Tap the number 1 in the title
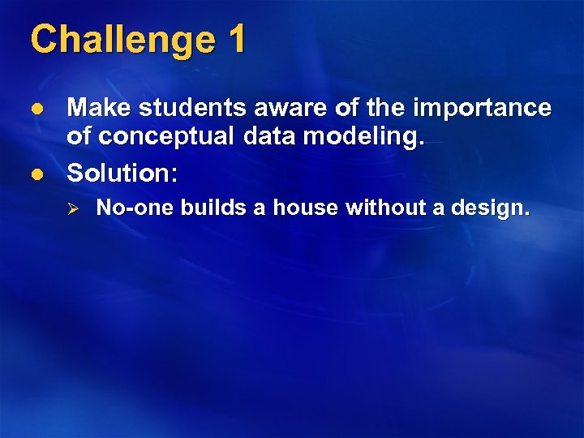point(236,39)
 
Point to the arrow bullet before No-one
point(71,209)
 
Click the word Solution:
point(122,172)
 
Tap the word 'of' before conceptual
point(79,138)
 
